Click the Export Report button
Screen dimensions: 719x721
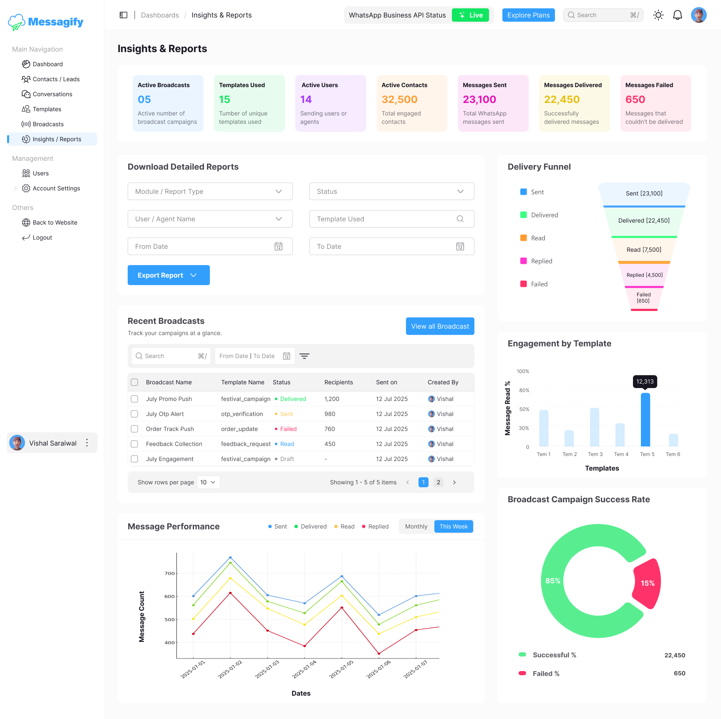click(x=168, y=275)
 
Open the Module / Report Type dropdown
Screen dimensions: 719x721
click(x=210, y=191)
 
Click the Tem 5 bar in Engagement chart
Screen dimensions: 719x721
click(x=645, y=419)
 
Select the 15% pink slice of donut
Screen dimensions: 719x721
click(x=648, y=583)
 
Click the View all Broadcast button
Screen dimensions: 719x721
click(x=440, y=326)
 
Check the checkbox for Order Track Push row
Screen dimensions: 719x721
click(x=134, y=429)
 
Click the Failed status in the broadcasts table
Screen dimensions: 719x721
click(x=288, y=429)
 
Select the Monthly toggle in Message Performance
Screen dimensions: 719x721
click(x=416, y=526)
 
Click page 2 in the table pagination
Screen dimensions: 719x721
click(x=438, y=482)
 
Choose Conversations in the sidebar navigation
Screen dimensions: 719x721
click(x=52, y=94)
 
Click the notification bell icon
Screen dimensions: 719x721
click(x=678, y=15)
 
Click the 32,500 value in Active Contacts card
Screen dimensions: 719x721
click(x=399, y=100)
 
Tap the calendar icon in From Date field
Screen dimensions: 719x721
click(x=278, y=246)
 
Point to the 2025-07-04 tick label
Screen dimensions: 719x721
click(x=304, y=669)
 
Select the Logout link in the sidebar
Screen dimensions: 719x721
click(x=42, y=238)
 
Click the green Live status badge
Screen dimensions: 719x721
click(x=470, y=15)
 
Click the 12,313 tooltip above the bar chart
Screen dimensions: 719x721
click(x=645, y=381)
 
